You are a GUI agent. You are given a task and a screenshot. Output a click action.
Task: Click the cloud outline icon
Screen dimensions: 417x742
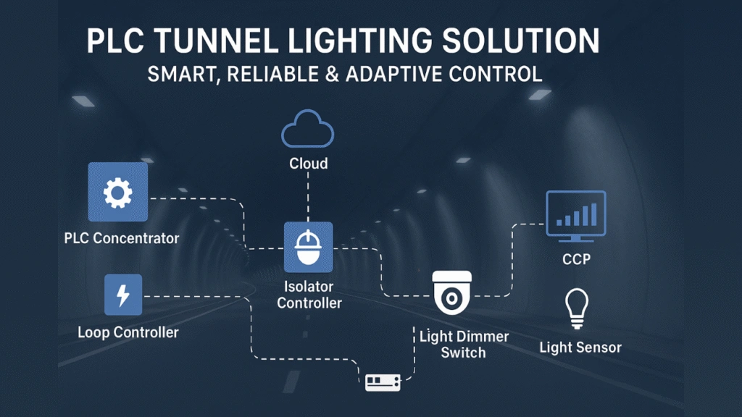pos(307,132)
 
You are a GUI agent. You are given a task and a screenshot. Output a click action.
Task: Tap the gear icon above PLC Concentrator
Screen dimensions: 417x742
pos(117,192)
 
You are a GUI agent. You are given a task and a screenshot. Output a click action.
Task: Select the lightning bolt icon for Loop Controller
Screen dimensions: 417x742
pos(123,295)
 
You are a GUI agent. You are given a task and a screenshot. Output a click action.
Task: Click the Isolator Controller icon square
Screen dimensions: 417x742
pos(308,247)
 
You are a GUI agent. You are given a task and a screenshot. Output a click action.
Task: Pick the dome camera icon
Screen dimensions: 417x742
pos(451,293)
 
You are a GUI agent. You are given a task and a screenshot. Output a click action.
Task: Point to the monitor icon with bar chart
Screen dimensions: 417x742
pos(575,216)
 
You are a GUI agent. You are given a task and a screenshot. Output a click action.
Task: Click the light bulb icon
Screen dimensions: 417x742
pos(577,310)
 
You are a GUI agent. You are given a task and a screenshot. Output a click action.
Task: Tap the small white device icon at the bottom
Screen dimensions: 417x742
pos(383,382)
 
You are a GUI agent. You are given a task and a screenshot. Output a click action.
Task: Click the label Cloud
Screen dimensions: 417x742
pos(308,164)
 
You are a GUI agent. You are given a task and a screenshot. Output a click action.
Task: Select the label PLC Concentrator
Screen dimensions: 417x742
pos(121,238)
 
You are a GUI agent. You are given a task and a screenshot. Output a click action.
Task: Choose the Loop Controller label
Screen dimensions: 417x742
pos(128,333)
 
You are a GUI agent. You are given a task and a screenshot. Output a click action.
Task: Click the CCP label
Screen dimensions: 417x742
pos(577,258)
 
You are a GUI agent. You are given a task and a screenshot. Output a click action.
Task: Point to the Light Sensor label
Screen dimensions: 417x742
pos(580,347)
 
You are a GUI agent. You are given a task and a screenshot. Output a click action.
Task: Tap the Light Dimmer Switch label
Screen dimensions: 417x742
pos(464,345)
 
